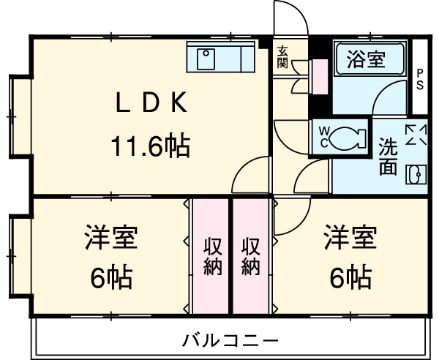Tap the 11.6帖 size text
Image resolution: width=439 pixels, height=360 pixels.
coord(150,147)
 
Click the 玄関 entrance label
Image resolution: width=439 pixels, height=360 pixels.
coord(282,57)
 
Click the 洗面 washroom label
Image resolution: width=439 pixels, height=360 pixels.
coord(388,156)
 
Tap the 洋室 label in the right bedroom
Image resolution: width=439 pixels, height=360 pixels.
coord(350,239)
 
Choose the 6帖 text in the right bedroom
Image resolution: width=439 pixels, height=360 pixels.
coord(350,277)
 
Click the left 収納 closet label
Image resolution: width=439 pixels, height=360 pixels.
coord(212,256)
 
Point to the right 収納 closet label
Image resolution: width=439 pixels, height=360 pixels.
coord(251,256)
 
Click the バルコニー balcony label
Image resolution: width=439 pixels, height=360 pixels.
coord(230,340)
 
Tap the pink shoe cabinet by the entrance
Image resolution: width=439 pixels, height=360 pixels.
coord(319,76)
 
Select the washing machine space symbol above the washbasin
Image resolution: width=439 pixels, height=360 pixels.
coord(416,135)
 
